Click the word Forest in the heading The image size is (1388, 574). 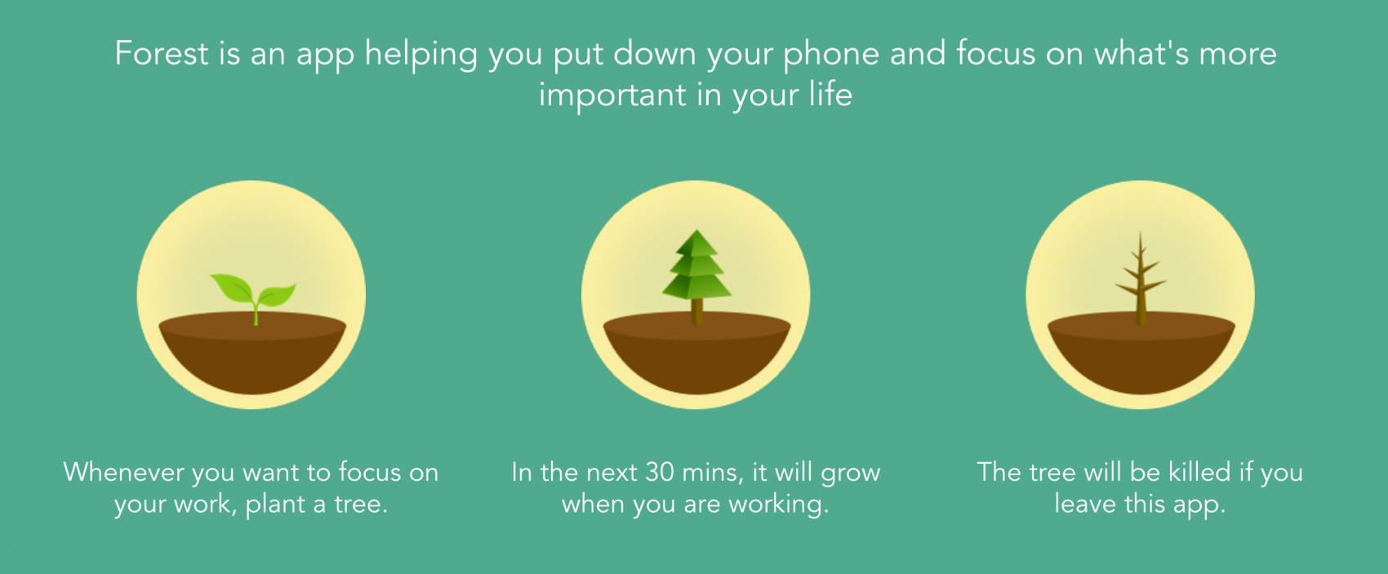pyautogui.click(x=162, y=54)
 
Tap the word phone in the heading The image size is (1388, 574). pyautogui.click(x=831, y=54)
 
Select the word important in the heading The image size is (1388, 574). pyautogui.click(x=612, y=96)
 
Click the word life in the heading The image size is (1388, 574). pyautogui.click(x=830, y=95)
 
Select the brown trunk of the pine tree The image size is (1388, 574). pyautogui.click(x=696, y=311)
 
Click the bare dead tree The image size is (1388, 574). pyautogui.click(x=1141, y=278)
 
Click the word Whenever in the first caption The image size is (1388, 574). pyautogui.click(x=124, y=472)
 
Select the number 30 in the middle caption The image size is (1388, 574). pyautogui.click(x=660, y=472)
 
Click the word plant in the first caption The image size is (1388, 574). pyautogui.click(x=275, y=505)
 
